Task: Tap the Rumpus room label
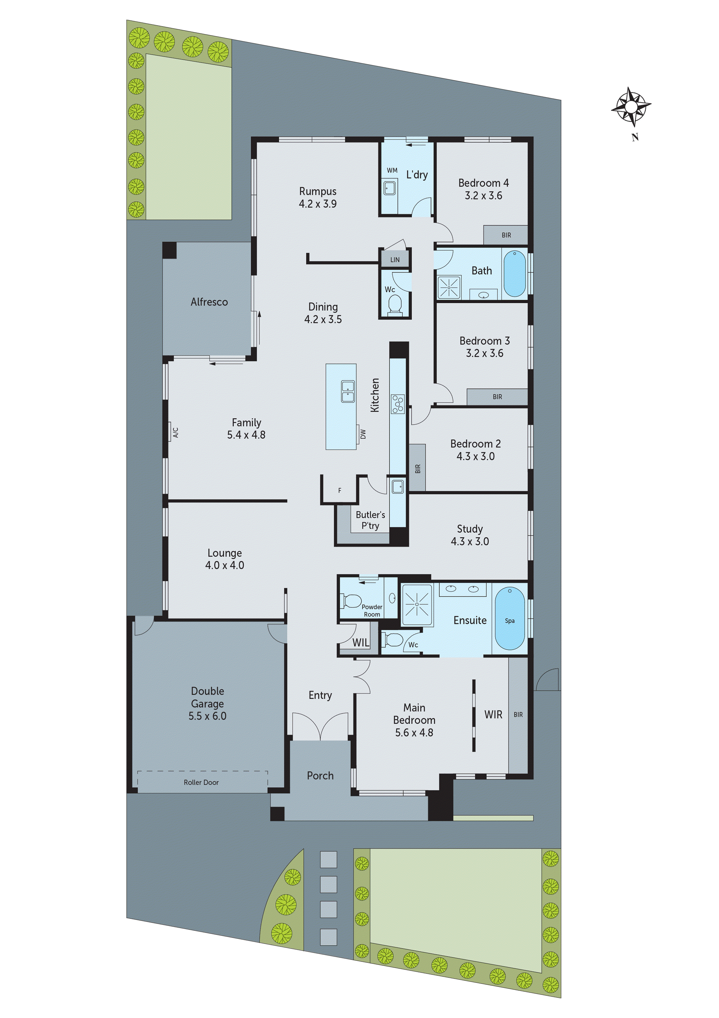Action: point(318,191)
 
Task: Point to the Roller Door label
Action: point(201,782)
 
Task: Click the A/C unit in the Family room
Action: point(175,432)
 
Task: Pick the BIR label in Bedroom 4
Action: point(506,235)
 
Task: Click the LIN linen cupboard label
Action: point(395,260)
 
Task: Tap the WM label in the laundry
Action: point(392,170)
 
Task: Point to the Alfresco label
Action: point(209,302)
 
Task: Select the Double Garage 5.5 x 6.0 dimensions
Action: point(207,716)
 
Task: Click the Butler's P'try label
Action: point(370,520)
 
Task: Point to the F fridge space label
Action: point(340,490)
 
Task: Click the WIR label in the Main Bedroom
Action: point(493,714)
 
